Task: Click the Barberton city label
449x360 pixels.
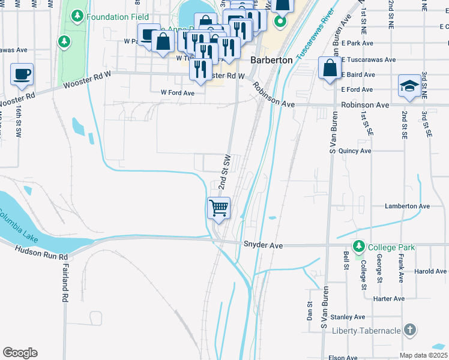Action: pos(271,61)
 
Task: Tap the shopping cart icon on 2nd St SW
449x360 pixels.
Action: pos(219,208)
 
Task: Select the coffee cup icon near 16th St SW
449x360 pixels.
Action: pos(22,74)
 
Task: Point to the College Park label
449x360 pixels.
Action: pos(391,247)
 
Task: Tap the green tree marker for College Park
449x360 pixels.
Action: pos(359,247)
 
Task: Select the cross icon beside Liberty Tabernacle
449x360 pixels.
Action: pos(409,330)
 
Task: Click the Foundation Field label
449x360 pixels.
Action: pos(118,17)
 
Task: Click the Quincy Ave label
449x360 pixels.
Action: pos(355,151)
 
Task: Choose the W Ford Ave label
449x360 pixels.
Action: pos(178,93)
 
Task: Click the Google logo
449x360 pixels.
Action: pos(20,353)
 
